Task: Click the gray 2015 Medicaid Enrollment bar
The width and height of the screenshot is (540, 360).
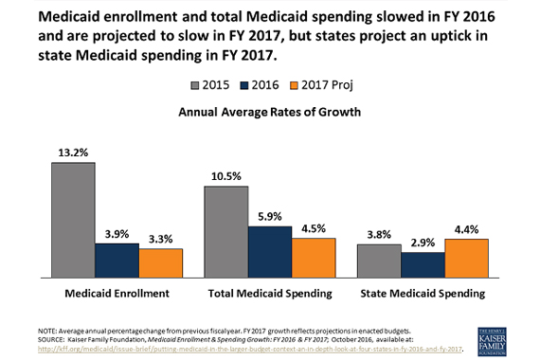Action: pos(73,220)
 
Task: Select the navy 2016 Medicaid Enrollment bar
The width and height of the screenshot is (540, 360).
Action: pos(117,260)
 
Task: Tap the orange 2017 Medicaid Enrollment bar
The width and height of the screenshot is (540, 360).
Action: pos(160,262)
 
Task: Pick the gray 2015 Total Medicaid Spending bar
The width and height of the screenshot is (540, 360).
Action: pos(226,231)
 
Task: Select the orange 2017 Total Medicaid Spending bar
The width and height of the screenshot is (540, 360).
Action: pos(314,257)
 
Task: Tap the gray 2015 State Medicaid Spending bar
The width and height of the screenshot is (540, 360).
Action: pos(379,261)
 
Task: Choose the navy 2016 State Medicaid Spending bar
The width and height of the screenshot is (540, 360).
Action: pos(423,264)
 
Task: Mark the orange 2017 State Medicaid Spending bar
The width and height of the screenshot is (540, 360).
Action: pos(466,258)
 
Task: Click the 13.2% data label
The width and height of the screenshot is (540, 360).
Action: pos(73,152)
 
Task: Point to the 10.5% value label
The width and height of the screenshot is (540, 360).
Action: pos(226,175)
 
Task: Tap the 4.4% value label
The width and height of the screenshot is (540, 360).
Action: pos(466,228)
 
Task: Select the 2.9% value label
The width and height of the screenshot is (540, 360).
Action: pos(423,243)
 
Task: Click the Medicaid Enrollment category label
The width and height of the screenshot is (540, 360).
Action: pos(116,293)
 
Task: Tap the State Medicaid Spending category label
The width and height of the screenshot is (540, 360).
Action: pos(423,293)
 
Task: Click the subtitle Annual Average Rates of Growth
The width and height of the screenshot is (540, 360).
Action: pos(270,111)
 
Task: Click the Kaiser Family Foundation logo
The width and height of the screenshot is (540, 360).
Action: pos(499,338)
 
